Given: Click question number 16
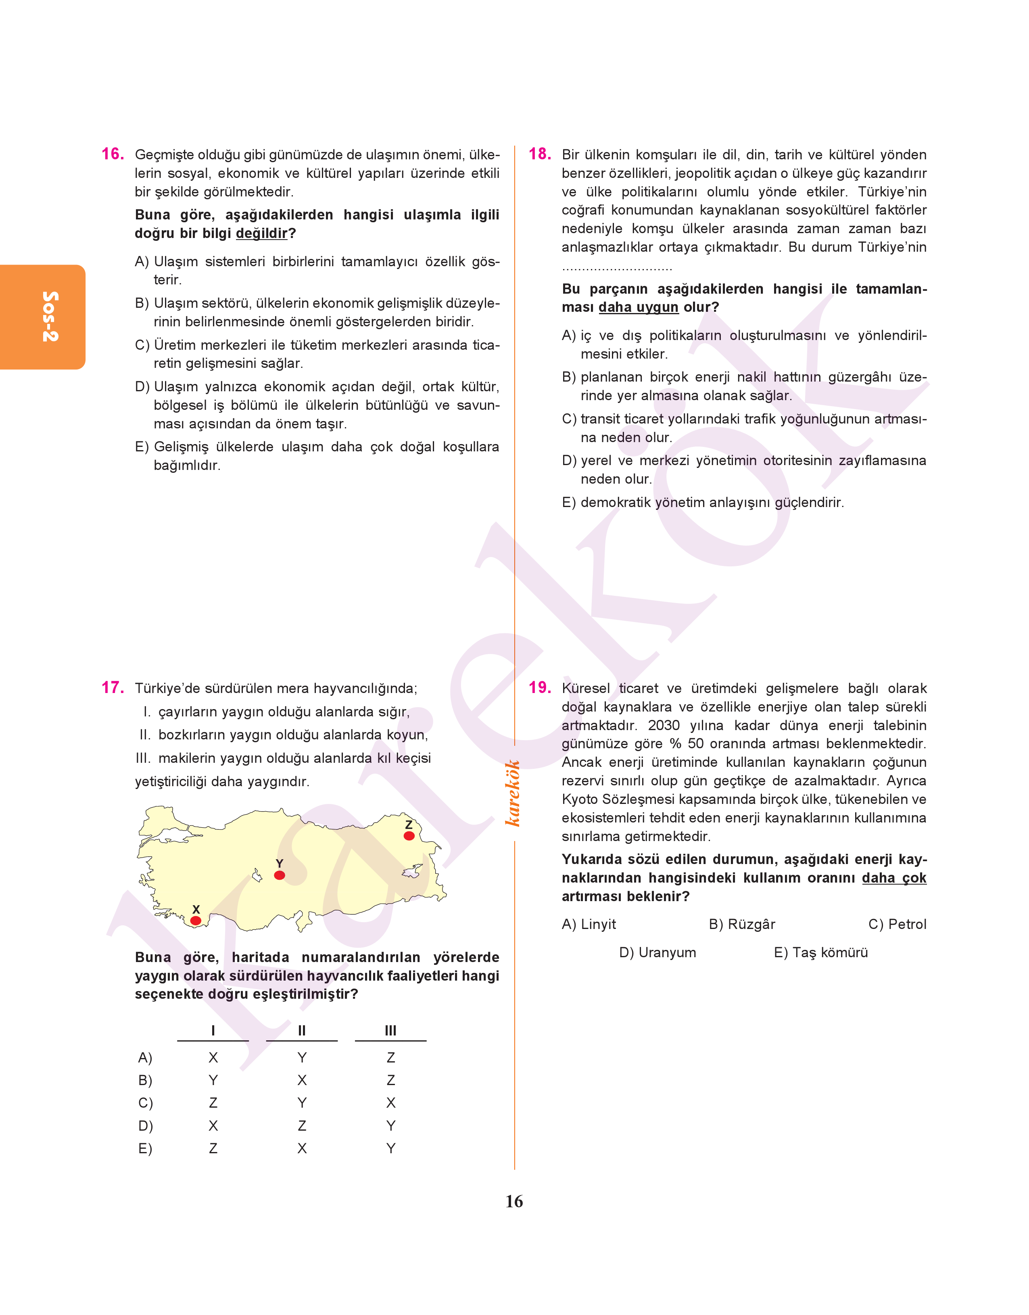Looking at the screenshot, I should [113, 154].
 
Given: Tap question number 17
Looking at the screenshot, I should [113, 687].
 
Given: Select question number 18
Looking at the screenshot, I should [540, 154].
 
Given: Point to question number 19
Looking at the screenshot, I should [540, 687].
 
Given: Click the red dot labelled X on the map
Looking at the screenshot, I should [196, 920].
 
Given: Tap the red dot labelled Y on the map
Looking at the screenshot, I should [280, 875].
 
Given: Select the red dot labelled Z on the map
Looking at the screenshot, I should [409, 835].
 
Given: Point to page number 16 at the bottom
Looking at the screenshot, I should [514, 1201].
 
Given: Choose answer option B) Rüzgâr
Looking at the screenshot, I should [742, 924].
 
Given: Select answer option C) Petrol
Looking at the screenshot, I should [897, 924].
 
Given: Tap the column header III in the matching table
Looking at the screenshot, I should [390, 1031].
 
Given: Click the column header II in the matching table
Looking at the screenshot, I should [302, 1031].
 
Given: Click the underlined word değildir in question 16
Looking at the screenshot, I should [261, 233].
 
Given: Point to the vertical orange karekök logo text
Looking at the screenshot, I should [513, 793].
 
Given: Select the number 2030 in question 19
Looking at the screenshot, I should [663, 725].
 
